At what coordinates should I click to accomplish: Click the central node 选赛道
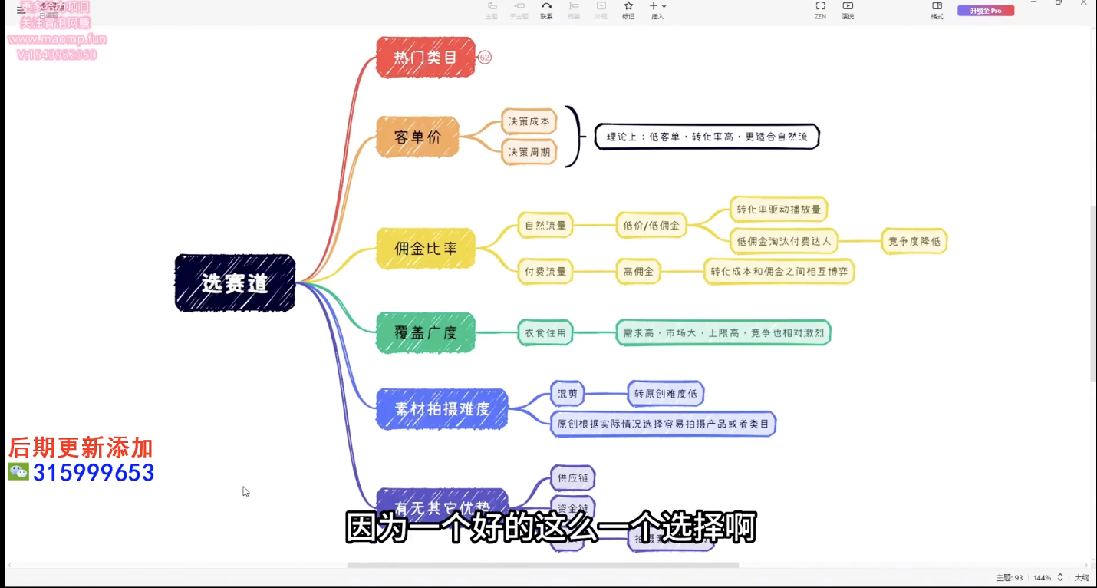click(235, 283)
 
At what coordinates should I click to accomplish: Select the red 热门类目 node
click(426, 57)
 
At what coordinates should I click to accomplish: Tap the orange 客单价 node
click(417, 137)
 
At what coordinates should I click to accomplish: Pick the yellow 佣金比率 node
click(426, 248)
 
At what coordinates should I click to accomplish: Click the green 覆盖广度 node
click(426, 332)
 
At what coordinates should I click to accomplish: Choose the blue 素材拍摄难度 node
click(442, 409)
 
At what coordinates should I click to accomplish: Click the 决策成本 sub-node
click(529, 121)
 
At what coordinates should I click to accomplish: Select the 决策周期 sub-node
click(529, 152)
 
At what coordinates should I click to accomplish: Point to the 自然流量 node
click(545, 226)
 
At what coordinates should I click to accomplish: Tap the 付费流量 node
click(545, 271)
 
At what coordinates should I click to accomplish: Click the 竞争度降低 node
click(914, 241)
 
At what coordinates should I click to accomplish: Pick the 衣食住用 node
click(545, 332)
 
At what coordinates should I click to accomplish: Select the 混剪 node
click(568, 395)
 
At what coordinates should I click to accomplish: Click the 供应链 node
click(572, 478)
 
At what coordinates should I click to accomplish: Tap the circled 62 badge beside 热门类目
click(485, 58)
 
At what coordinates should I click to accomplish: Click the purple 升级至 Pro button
click(986, 11)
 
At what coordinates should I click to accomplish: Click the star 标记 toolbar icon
click(628, 7)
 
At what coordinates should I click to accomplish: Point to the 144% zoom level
click(1042, 577)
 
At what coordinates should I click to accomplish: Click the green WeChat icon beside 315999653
click(18, 472)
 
